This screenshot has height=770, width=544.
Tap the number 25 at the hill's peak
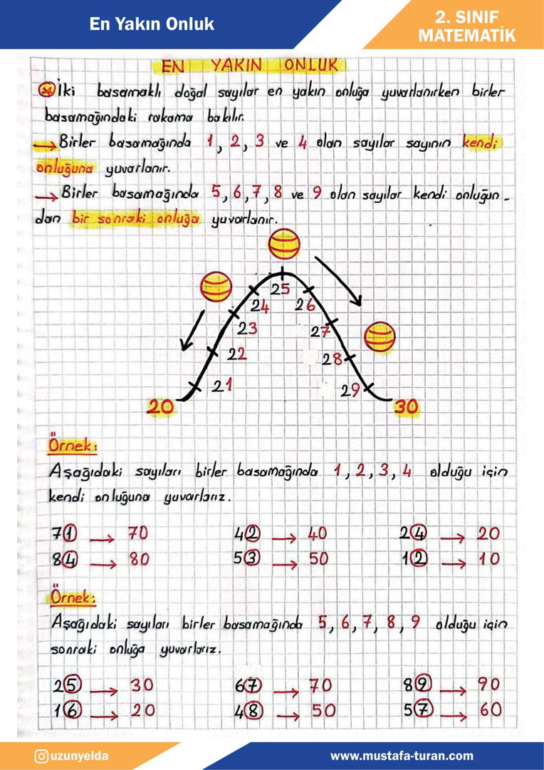point(280,289)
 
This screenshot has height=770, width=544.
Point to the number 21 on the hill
point(224,386)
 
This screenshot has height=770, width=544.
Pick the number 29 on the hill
point(350,390)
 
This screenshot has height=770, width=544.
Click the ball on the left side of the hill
point(216,288)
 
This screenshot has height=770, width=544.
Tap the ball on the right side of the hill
point(380,337)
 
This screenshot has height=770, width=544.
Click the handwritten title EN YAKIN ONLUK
point(249,66)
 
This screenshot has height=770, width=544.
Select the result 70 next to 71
point(138,533)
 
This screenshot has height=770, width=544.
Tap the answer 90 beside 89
point(488,684)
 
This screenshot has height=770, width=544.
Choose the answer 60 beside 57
point(488,709)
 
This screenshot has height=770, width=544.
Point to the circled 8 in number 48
point(254,710)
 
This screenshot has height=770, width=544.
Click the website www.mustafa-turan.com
point(402,756)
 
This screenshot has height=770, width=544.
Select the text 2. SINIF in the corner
point(466,17)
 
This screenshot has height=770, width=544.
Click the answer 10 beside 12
point(488,560)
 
